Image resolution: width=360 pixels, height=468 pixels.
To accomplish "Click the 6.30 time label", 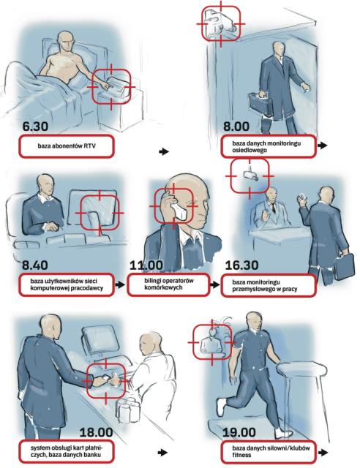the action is click(35, 126).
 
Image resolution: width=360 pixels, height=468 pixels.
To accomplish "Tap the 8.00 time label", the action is click(236, 126).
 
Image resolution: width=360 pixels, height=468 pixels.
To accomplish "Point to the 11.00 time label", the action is click(146, 265).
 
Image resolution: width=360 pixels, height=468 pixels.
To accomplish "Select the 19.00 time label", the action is click(239, 432).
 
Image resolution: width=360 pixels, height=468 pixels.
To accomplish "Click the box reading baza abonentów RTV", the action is click(67, 146).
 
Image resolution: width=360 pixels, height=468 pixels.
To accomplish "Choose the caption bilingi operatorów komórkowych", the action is click(168, 284).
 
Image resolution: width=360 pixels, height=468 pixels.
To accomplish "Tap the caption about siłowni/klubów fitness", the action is click(269, 452).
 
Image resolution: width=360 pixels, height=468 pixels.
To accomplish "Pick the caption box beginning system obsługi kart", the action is click(67, 452).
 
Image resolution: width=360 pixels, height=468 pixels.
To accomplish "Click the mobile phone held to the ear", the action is click(179, 210).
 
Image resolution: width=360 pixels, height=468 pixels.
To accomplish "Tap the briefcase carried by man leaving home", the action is click(260, 105).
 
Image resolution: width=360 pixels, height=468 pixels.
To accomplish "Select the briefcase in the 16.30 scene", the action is click(344, 266).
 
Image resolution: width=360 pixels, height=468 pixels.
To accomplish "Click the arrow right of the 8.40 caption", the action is click(120, 284).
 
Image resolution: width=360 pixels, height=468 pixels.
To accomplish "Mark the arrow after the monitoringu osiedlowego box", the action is click(323, 146).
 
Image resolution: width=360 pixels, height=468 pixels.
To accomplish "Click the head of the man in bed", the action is click(65, 42).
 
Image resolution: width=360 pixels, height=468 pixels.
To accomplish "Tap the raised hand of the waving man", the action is click(301, 200).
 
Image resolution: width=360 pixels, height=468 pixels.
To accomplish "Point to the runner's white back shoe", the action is click(220, 407).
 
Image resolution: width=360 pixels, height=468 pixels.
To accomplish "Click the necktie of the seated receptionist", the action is click(273, 207).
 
